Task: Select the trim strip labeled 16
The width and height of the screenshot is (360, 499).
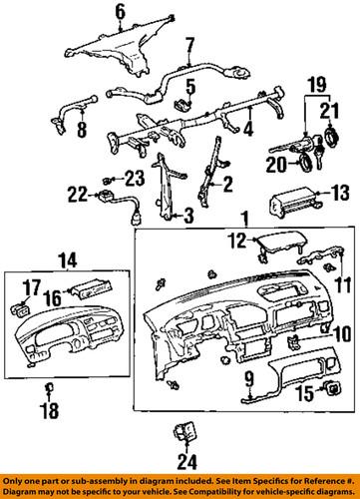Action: point(82,296)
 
